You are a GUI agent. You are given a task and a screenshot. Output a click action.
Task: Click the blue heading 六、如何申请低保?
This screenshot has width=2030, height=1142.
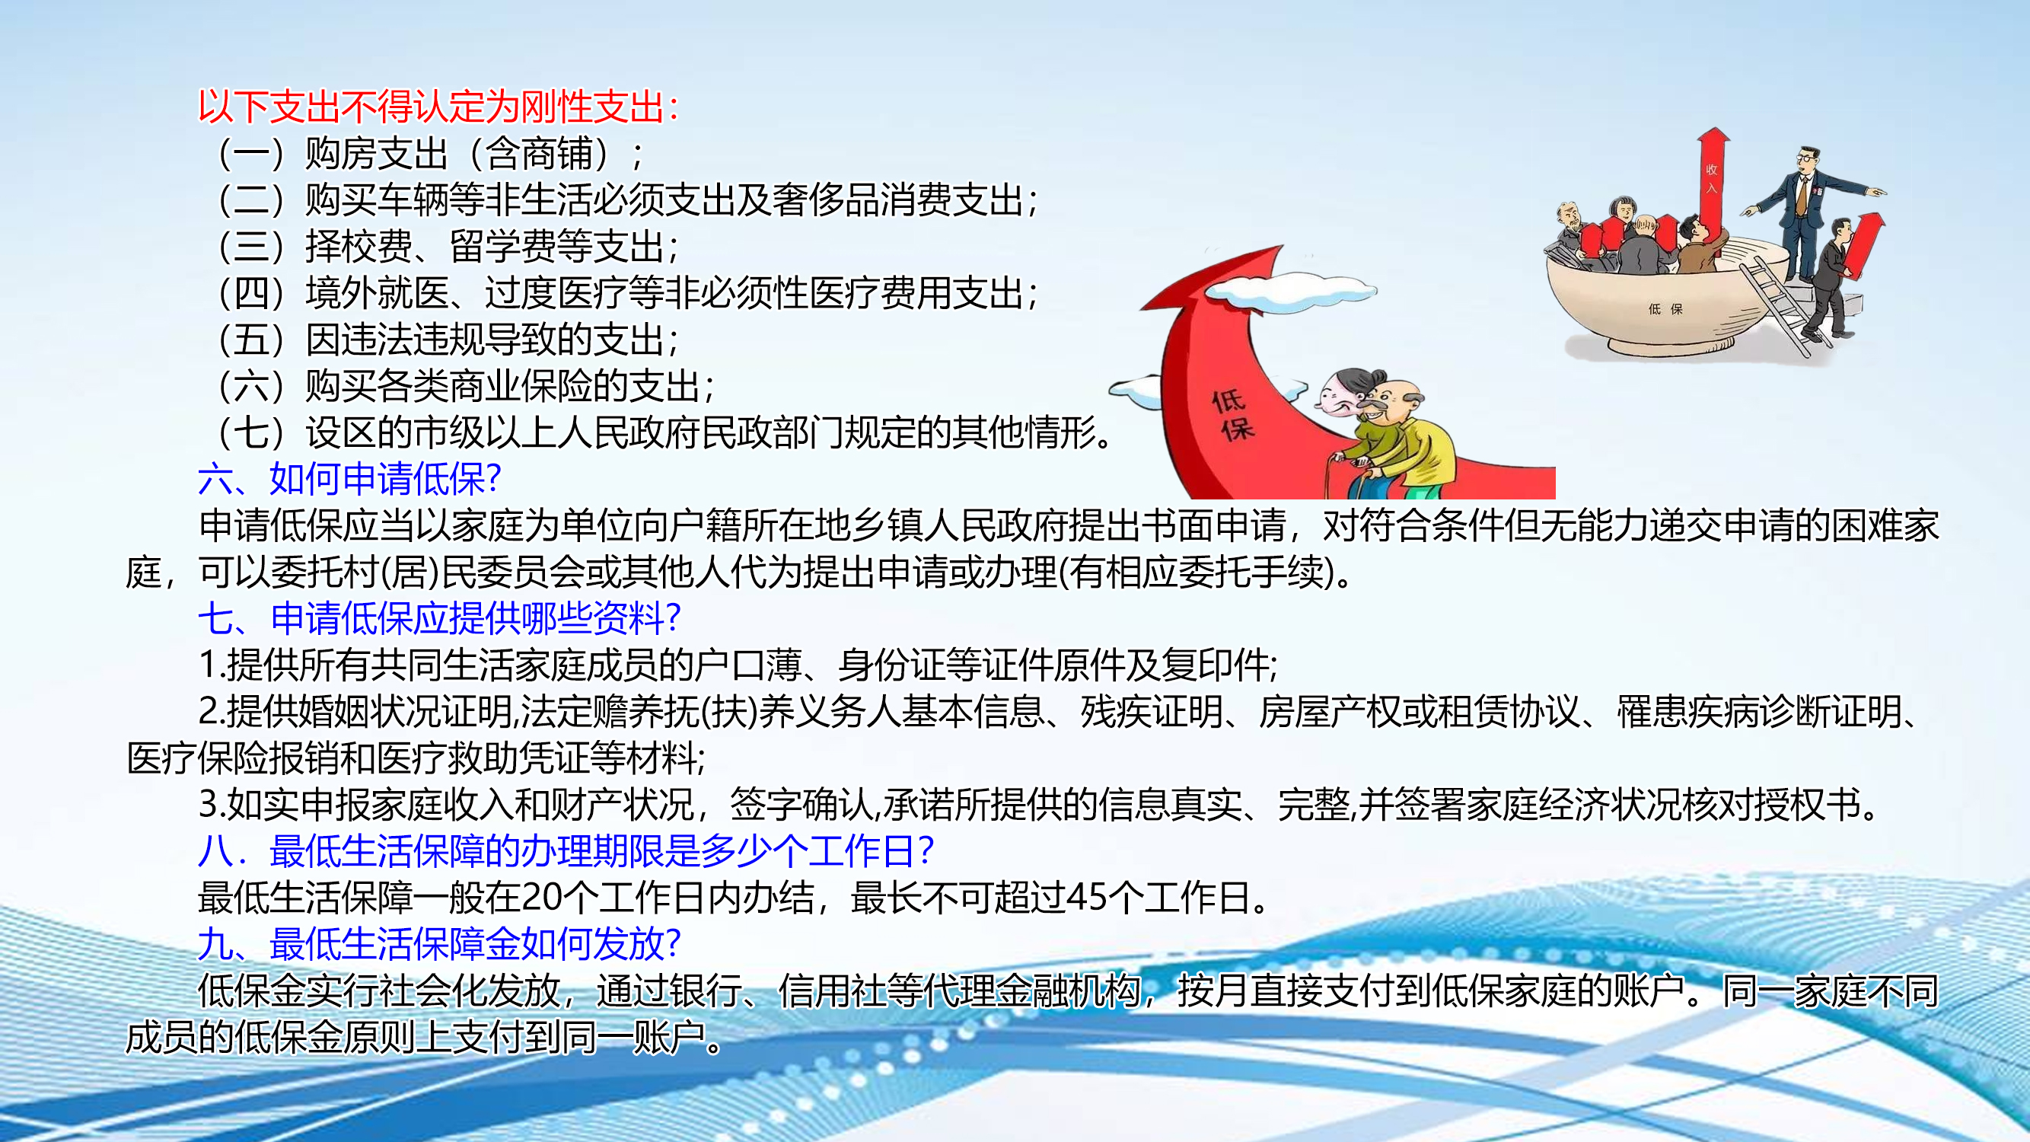point(350,479)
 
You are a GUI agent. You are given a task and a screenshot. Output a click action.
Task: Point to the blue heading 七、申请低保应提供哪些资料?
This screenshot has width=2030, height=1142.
point(440,619)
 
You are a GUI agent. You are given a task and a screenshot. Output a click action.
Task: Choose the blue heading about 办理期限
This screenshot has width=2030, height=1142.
point(566,851)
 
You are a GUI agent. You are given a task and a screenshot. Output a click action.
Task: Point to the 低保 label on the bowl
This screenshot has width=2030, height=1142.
point(1665,309)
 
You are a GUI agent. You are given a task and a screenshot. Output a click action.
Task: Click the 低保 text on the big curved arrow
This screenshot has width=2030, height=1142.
point(1233,416)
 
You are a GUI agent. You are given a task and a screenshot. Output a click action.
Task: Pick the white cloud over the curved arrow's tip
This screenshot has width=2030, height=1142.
point(1292,291)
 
